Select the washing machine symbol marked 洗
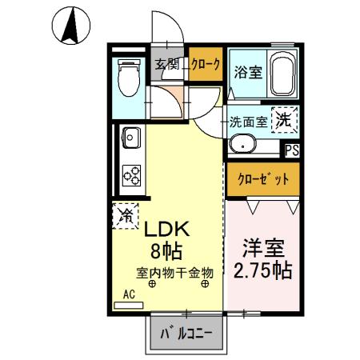[284, 121]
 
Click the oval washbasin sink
[242, 145]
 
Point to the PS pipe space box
[292, 149]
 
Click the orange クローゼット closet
[262, 180]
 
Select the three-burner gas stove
[131, 173]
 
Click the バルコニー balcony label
[186, 333]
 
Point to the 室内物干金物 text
[174, 271]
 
